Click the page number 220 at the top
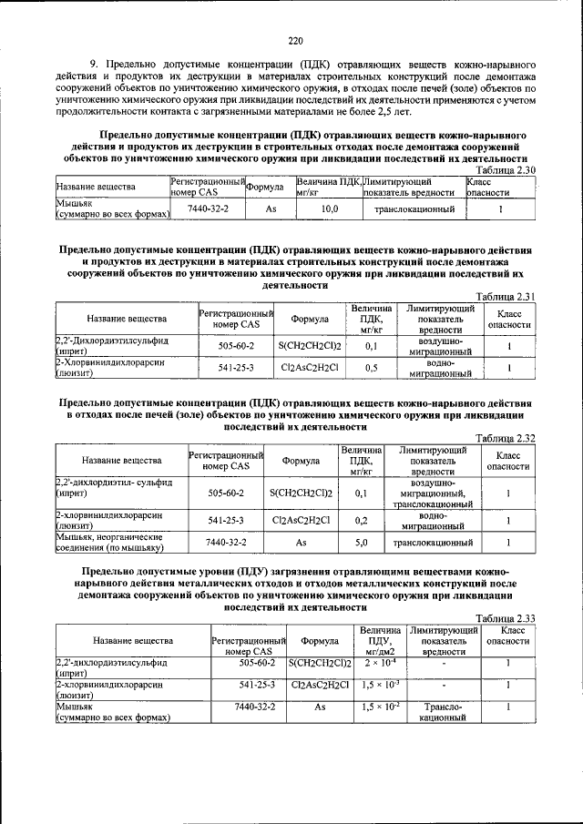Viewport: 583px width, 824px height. (294, 40)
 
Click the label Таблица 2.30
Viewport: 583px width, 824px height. (506, 170)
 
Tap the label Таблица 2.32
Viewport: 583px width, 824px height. (506, 438)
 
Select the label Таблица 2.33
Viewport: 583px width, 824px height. (506, 618)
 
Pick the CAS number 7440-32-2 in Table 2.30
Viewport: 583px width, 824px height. (208, 209)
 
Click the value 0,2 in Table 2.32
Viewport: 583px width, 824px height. (361, 521)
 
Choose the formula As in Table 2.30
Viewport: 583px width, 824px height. (271, 209)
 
